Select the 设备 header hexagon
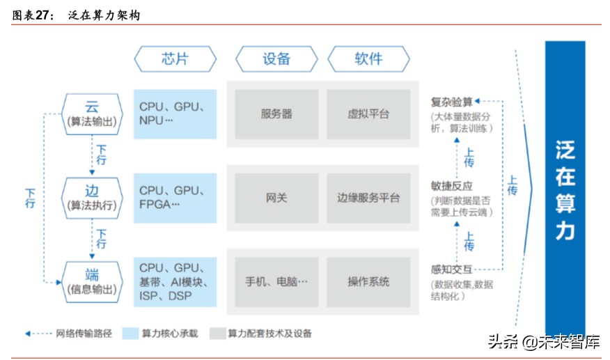point(276,58)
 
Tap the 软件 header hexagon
point(368,58)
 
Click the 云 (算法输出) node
point(92,114)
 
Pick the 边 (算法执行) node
point(92,198)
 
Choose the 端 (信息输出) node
point(92,281)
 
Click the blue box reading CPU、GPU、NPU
point(175,114)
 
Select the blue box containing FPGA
point(175,198)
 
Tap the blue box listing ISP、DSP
point(175,281)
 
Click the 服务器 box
point(276,114)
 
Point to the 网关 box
point(276,198)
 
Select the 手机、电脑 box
point(276,281)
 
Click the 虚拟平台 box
point(368,114)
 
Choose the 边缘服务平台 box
point(368,198)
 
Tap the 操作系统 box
point(368,281)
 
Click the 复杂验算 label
point(451,102)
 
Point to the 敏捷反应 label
point(451,186)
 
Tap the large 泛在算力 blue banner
point(565,188)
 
